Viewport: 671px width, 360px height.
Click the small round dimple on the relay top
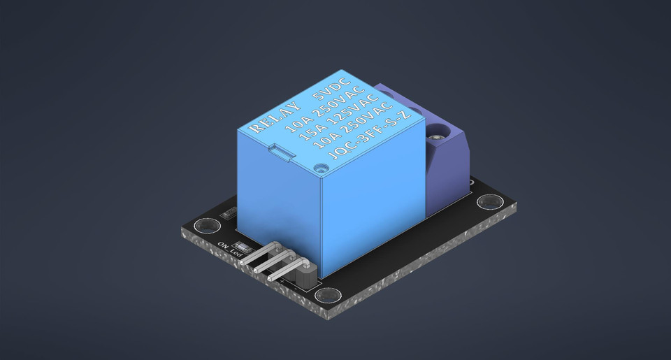[321, 168]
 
